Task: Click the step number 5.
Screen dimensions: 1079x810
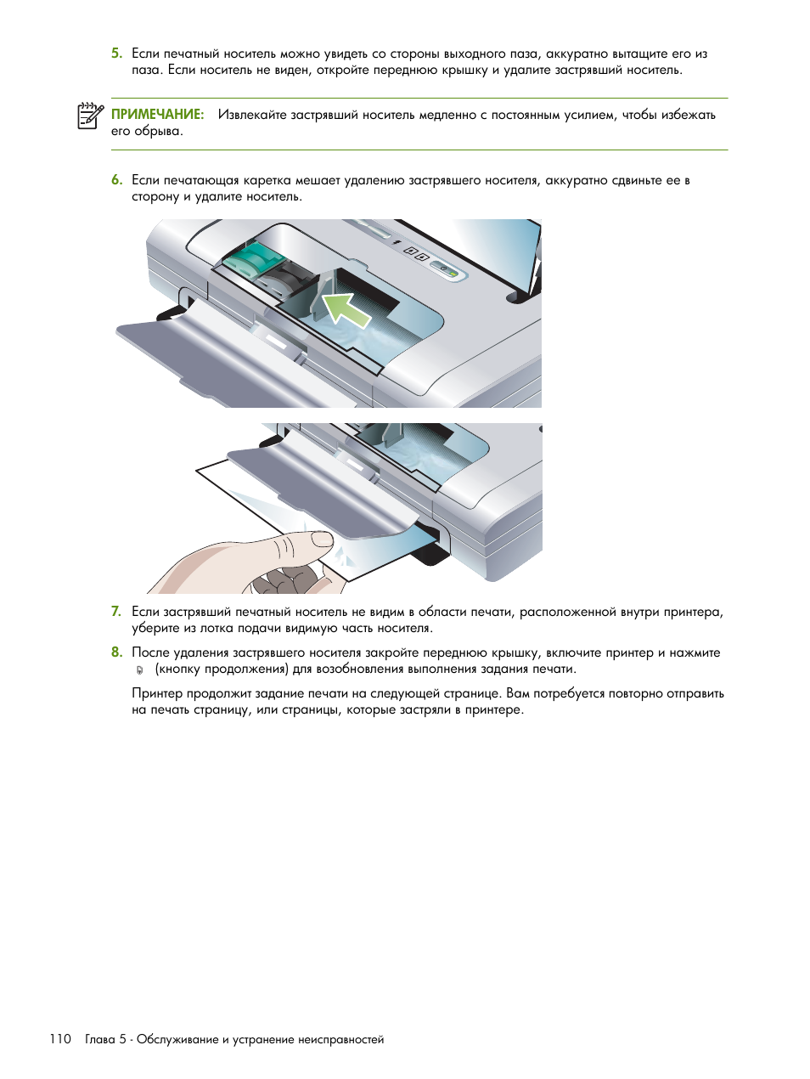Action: point(116,54)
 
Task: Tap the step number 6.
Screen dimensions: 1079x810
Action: point(116,180)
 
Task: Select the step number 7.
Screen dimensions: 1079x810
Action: point(116,612)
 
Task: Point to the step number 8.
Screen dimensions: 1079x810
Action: point(116,652)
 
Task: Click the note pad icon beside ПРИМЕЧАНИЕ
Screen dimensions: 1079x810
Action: point(90,116)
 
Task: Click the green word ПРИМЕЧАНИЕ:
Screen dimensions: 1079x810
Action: point(158,115)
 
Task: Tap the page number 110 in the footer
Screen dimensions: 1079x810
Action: point(60,1039)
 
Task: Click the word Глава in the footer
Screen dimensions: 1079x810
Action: point(100,1039)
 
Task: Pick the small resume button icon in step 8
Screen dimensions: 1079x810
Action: point(140,669)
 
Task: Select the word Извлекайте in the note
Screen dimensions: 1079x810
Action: point(252,115)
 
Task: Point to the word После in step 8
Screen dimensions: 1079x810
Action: point(150,652)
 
